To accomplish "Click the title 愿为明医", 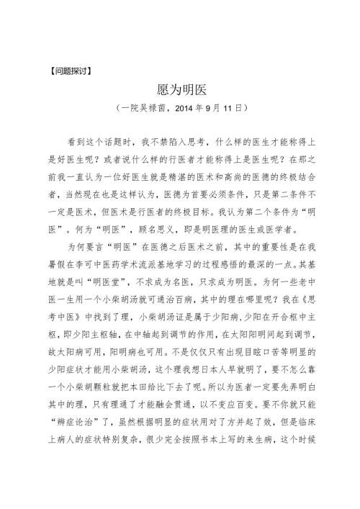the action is click(179, 90).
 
